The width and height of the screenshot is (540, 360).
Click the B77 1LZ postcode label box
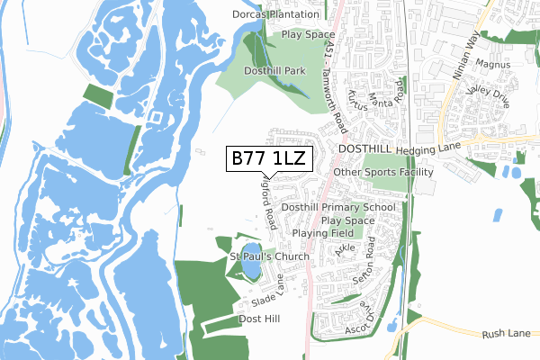(x=269, y=159)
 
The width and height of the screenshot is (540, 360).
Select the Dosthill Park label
(x=275, y=70)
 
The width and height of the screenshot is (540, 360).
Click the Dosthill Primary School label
(x=338, y=207)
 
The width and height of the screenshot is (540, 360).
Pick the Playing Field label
(x=325, y=233)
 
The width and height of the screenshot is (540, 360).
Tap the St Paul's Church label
(x=269, y=256)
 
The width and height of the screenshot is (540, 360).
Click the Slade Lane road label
(x=267, y=292)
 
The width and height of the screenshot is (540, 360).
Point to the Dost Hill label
(x=260, y=319)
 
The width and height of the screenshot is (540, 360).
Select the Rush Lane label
(x=507, y=333)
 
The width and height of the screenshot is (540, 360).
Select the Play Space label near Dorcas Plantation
(x=309, y=34)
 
